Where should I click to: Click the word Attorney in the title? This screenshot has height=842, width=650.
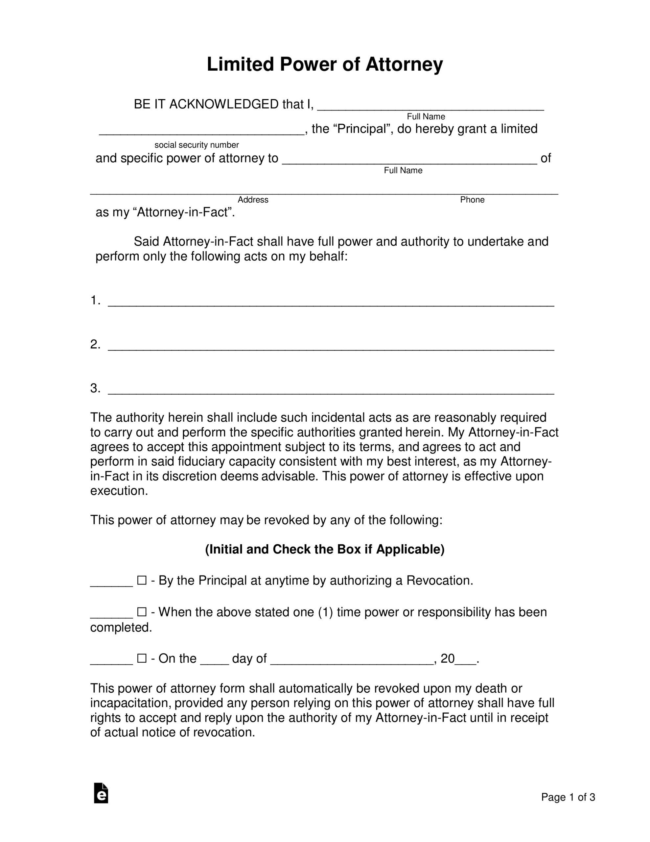click(404, 64)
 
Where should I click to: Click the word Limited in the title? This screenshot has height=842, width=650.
click(240, 64)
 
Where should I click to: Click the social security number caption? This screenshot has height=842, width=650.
click(197, 145)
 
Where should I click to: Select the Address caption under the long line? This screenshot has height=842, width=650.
click(253, 200)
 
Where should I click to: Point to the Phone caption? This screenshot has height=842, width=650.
click(472, 200)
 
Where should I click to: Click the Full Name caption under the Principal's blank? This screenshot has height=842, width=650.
click(426, 116)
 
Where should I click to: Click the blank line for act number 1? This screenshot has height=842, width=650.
click(331, 303)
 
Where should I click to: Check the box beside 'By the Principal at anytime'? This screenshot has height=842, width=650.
click(142, 581)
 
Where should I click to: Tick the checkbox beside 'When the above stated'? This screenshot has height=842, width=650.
click(142, 612)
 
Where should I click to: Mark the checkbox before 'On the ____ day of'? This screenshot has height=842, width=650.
click(142, 658)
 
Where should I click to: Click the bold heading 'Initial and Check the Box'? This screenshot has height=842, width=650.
click(324, 549)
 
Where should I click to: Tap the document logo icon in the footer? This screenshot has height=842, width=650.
click(101, 793)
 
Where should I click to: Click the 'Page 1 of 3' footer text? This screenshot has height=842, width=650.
click(568, 797)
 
